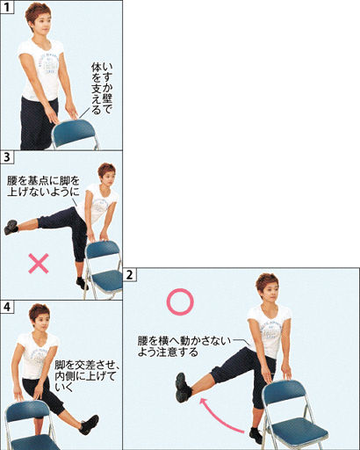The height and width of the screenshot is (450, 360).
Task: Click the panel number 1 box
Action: coord(7,7)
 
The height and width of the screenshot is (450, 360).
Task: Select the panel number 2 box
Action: coord(130,275)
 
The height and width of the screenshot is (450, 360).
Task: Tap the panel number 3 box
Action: coord(7,157)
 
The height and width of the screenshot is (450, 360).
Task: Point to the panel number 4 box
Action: coord(7,307)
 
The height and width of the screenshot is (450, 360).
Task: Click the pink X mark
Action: coord(39,264)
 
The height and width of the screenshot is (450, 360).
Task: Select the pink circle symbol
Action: coord(180,301)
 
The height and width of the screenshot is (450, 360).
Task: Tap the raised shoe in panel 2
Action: coord(183,388)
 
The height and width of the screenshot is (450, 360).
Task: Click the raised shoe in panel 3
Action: coord(11,227)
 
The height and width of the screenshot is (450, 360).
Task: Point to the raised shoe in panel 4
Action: coord(89,425)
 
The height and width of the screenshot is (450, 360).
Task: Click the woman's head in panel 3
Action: coord(106,175)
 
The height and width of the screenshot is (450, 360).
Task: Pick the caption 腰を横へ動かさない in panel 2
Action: coord(184,341)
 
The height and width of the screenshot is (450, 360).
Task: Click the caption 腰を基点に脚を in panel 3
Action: coord(43,181)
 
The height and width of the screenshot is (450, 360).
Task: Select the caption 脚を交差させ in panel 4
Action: coord(84,365)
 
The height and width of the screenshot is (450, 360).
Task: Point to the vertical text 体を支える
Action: coord(96,88)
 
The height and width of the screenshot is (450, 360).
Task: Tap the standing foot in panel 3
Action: coord(82,283)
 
